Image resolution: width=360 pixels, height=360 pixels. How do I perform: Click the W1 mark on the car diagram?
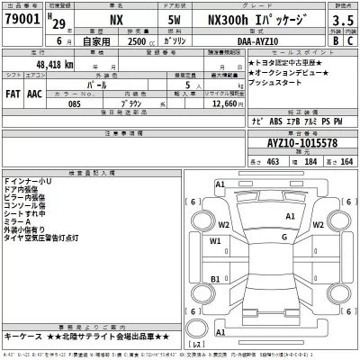(216, 241)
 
